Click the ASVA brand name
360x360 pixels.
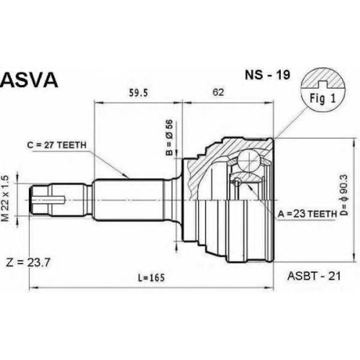pyautogui.click(x=30, y=80)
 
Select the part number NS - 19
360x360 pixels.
pyautogui.click(x=267, y=75)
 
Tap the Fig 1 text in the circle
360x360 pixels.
pyautogui.click(x=323, y=99)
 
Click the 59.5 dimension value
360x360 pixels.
pyautogui.click(x=138, y=93)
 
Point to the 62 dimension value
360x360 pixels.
pyautogui.click(x=218, y=92)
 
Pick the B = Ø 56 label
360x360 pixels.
pyautogui.click(x=169, y=138)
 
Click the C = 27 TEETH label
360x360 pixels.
pyautogui.click(x=57, y=145)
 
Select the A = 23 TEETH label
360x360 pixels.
pyautogui.click(x=307, y=213)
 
